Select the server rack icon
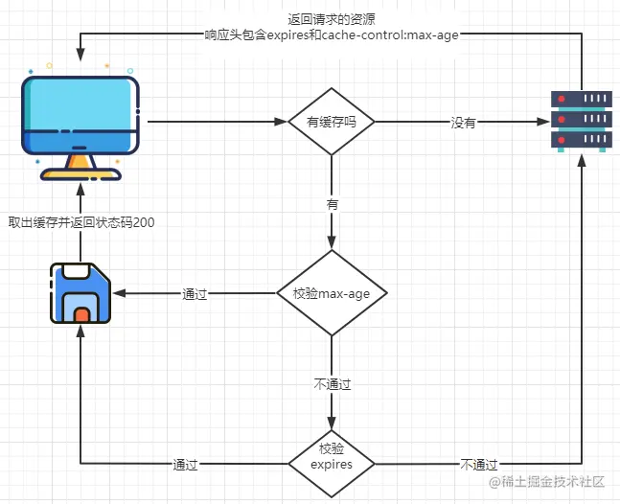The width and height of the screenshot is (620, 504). [x=582, y=121]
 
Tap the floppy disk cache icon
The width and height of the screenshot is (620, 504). [x=80, y=293]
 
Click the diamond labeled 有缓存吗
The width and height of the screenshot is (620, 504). [x=332, y=122]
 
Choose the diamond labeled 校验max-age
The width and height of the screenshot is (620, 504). [x=332, y=293]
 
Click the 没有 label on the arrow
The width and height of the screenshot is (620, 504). [x=464, y=123]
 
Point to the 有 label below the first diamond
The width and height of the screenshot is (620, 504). [x=332, y=205]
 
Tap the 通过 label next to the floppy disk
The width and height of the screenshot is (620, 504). [x=195, y=294]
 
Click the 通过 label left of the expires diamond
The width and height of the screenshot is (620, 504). [x=185, y=465]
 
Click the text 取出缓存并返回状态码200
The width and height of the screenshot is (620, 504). [x=81, y=222]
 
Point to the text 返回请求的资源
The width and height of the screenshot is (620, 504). [x=331, y=20]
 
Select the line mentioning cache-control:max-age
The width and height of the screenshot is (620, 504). [x=331, y=35]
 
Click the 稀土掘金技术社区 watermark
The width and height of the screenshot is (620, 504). [x=548, y=482]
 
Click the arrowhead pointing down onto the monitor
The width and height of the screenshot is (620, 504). [x=80, y=55]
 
